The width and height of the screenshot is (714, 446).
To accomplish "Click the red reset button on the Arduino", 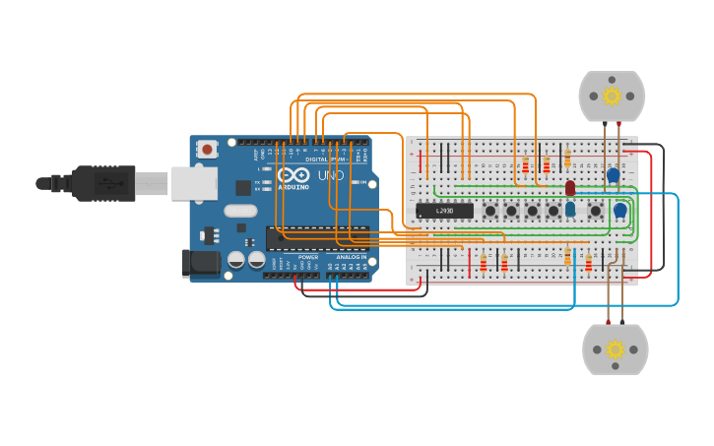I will [x=207, y=149].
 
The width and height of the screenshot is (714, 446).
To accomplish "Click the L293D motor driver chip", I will [x=444, y=211].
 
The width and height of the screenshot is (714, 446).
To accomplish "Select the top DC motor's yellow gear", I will [x=612, y=96].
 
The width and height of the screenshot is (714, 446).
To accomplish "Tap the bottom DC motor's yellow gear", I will [x=616, y=350].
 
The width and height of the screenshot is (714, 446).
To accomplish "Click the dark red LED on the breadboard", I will [x=570, y=187].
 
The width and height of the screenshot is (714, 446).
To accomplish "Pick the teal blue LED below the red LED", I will [x=570, y=209].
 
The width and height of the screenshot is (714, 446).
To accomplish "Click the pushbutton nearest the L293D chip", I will [x=489, y=211].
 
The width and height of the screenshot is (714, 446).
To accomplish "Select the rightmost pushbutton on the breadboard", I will [x=595, y=211].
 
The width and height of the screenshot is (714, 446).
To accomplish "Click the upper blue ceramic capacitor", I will [x=614, y=175].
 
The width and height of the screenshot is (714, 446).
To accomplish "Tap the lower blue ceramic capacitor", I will [x=619, y=210].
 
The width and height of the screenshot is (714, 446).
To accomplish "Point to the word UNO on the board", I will [x=331, y=175].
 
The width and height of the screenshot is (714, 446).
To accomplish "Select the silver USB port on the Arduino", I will [x=194, y=183].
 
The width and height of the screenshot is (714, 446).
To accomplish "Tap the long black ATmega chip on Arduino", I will [x=317, y=237].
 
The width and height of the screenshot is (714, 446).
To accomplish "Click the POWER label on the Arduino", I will [x=308, y=257].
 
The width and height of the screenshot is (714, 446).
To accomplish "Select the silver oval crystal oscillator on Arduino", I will [x=240, y=210].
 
